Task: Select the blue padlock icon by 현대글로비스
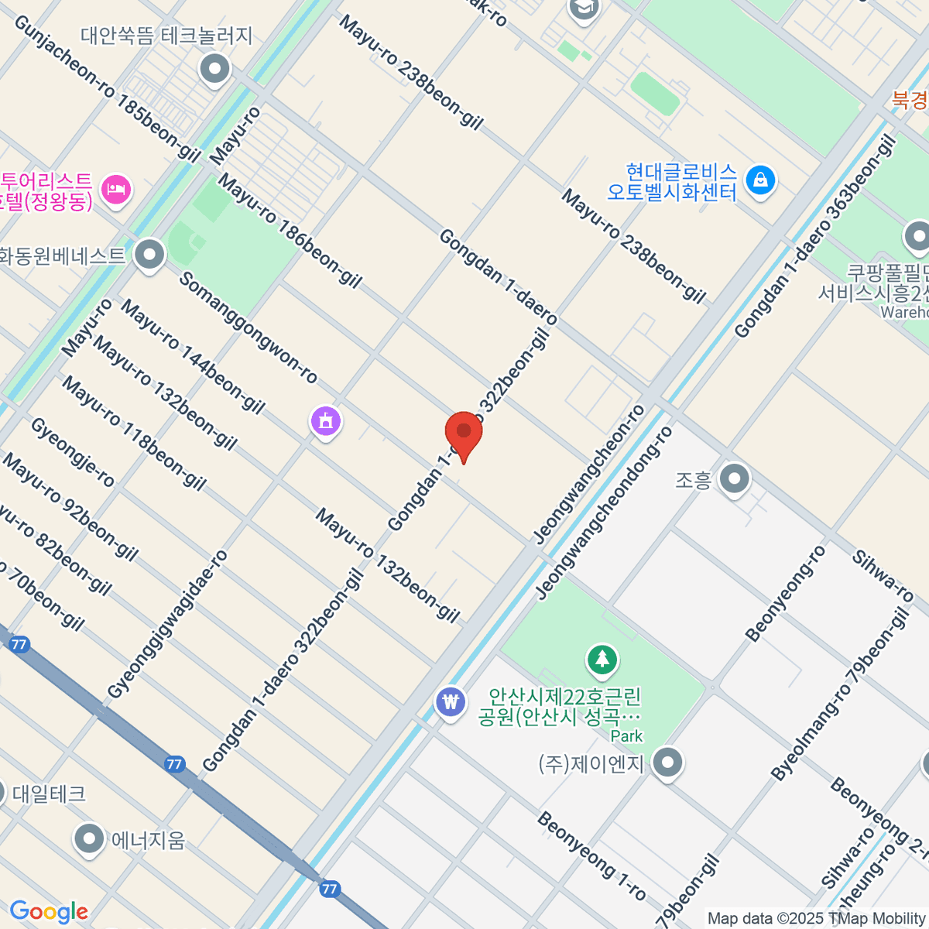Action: pos(760,181)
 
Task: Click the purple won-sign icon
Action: pos(450,702)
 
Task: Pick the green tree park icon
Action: pos(602,660)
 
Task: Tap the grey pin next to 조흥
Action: pos(734,479)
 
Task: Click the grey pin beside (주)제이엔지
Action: pos(667,763)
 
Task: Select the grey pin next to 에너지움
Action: pos(89,838)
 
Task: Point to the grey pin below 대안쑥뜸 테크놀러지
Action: pos(215,70)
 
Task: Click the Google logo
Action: pos(49,911)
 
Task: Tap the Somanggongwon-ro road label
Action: pos(248,327)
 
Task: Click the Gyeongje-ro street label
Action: pos(73,453)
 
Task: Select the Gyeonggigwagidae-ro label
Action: pos(168,624)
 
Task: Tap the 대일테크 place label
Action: pos(49,794)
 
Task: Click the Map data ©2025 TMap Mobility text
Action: pos(816,918)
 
